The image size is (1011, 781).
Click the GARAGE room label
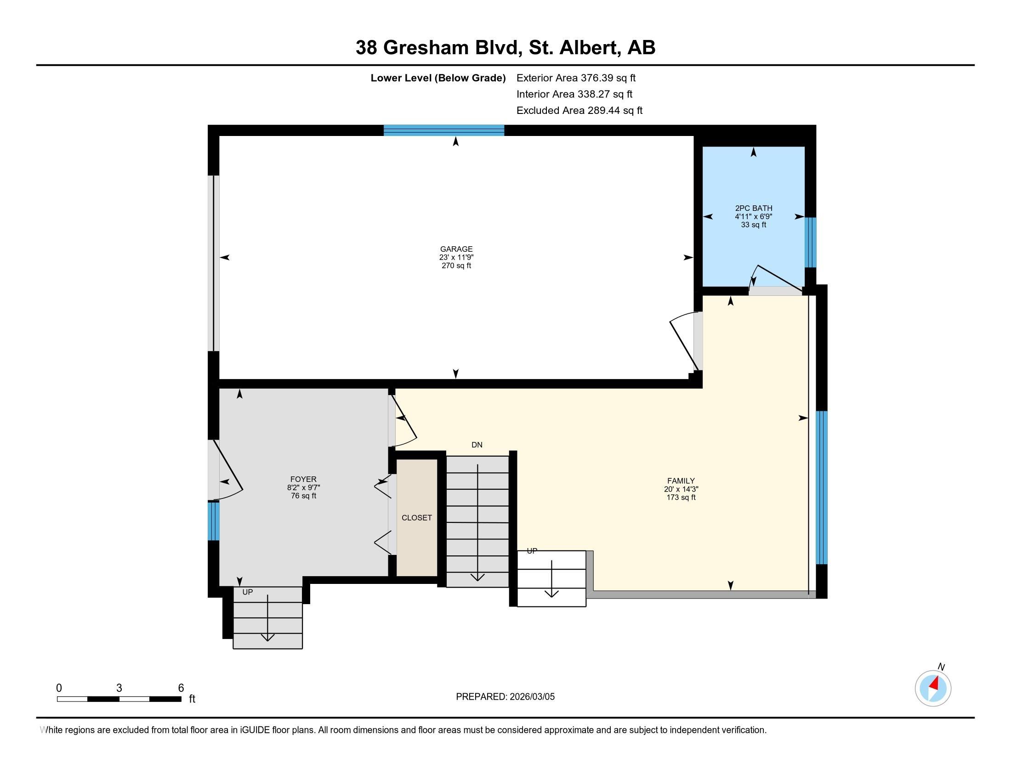tap(456, 249)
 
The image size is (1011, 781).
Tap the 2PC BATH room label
tap(753, 209)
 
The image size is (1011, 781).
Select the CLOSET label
tap(417, 518)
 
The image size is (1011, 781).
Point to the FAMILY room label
tap(681, 481)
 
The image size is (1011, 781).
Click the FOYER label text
tap(303, 480)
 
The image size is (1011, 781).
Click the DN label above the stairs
tap(477, 445)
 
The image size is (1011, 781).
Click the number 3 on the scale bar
tap(119, 688)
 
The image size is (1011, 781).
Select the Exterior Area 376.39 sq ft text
tap(576, 78)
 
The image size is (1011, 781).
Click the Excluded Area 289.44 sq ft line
tap(579, 111)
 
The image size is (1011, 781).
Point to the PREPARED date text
tap(505, 697)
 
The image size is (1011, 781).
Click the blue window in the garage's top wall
tap(443, 130)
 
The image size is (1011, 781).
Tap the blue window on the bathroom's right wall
tap(810, 243)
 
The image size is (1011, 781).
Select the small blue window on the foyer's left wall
tap(213, 521)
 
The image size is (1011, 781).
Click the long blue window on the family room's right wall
tap(821, 487)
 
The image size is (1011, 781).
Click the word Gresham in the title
tap(426, 48)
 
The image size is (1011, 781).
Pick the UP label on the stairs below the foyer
tap(248, 592)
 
